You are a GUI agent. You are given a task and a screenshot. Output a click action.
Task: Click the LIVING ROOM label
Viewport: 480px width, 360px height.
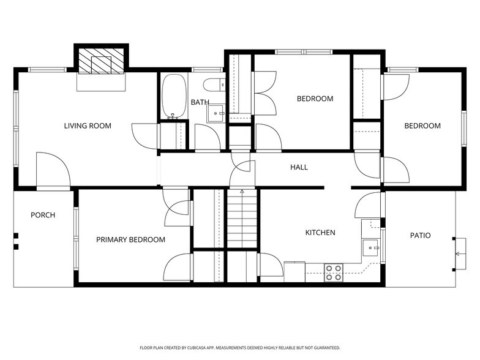click(88, 126)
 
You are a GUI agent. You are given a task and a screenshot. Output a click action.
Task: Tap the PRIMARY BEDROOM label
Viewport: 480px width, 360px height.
click(130, 240)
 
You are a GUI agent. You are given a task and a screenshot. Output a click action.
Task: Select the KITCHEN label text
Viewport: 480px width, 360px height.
click(320, 233)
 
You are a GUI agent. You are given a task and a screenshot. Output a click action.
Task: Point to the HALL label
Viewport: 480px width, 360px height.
click(299, 167)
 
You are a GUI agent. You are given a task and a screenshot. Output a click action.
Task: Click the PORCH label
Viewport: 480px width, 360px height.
click(43, 216)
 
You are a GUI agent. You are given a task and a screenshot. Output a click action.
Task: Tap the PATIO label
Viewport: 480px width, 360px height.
click(420, 236)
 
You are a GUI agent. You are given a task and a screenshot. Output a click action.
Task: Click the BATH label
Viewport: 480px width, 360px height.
click(200, 102)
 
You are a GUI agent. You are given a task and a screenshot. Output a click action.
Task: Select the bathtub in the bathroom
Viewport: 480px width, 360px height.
click(174, 96)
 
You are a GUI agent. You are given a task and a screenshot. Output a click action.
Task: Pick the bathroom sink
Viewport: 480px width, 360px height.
click(216, 113)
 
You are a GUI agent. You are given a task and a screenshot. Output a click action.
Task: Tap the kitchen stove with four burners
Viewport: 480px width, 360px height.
click(333, 272)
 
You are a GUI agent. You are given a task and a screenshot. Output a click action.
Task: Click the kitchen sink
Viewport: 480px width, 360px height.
click(370, 247)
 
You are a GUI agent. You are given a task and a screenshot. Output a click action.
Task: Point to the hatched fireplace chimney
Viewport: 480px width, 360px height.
click(102, 62)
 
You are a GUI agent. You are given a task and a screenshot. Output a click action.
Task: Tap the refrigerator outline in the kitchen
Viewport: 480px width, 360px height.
click(294, 271)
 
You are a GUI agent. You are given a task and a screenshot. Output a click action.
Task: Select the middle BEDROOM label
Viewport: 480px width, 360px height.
click(315, 99)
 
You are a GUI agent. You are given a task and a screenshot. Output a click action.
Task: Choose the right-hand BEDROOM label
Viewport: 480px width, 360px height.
click(422, 126)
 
